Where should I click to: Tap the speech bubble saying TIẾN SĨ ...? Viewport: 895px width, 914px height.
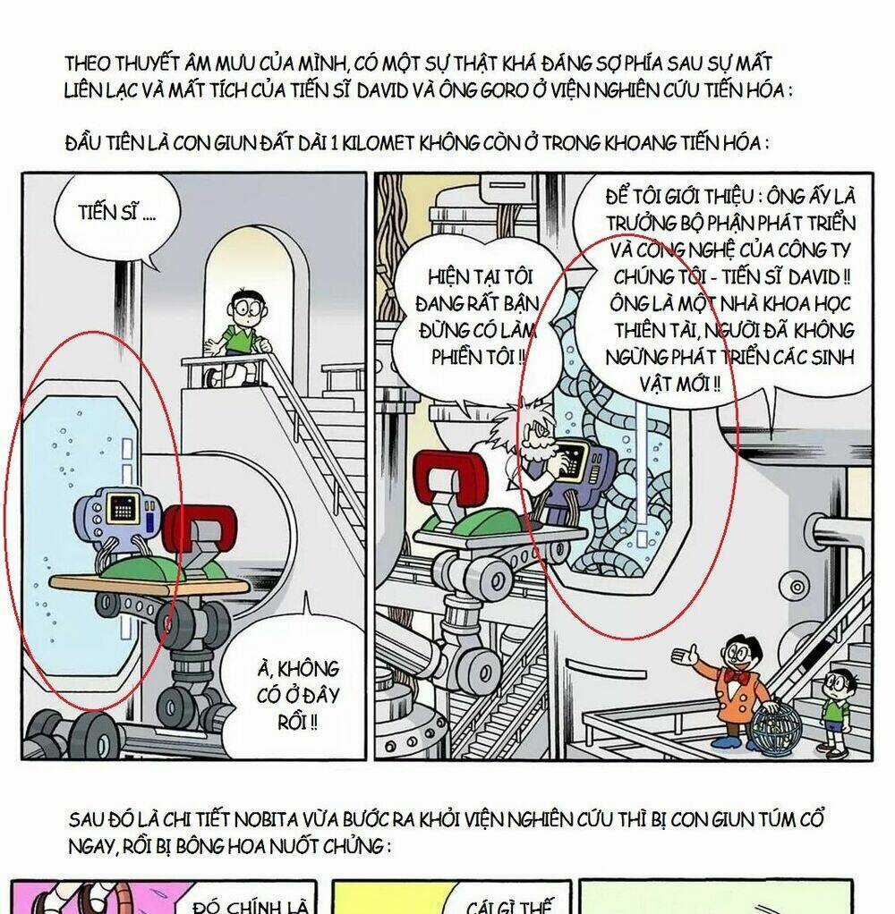point(107,215)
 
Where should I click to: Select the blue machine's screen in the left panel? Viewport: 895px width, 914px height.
point(120,511)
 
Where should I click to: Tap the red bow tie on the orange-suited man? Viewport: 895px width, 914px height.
point(737,675)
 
